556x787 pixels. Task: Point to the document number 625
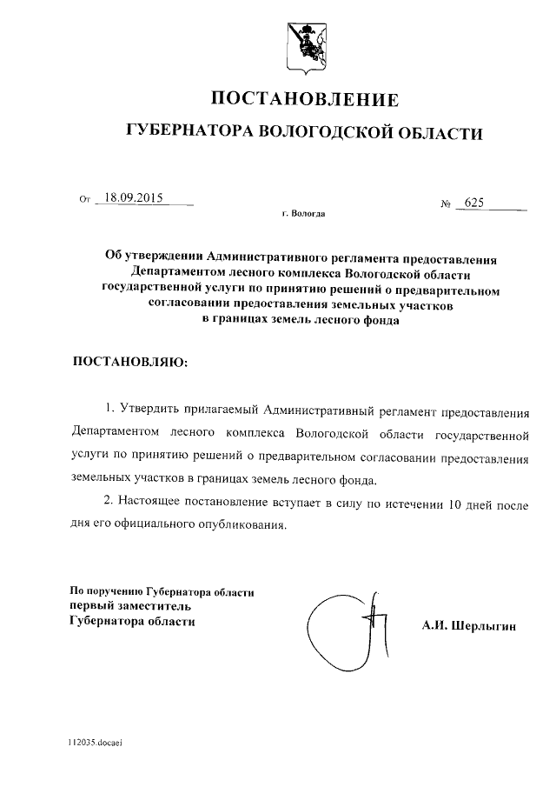(x=473, y=203)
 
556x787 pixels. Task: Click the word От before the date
(x=84, y=199)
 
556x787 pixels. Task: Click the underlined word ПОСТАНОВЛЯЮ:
(x=129, y=361)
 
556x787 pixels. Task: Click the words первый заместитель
(x=129, y=606)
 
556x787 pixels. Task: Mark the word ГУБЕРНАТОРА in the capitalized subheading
(x=186, y=131)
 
